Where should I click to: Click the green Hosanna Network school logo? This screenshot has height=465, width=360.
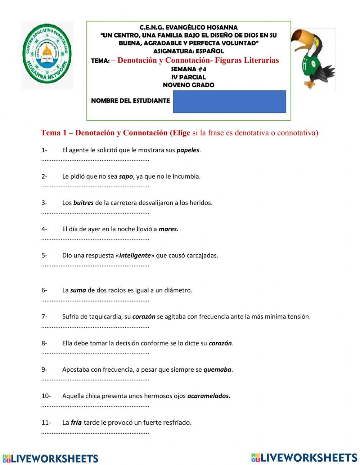[x=47, y=55]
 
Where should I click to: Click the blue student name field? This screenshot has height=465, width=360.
[x=229, y=102]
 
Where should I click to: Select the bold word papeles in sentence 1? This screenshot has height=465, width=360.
[x=188, y=150]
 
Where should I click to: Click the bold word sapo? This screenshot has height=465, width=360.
[x=126, y=176]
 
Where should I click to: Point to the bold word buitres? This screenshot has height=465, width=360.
[x=83, y=203]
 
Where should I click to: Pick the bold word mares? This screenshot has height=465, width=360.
[x=168, y=229]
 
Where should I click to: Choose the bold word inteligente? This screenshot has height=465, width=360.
[x=135, y=255]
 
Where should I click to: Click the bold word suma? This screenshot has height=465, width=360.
[x=78, y=290]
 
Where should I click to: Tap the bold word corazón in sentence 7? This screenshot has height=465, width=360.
[x=144, y=317]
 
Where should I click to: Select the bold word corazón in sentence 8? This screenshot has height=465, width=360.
[x=220, y=343]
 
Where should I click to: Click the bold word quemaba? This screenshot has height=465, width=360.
[x=217, y=370]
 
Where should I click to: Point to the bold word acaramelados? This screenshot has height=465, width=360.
[x=208, y=396]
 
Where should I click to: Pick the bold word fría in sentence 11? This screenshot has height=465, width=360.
[x=76, y=422]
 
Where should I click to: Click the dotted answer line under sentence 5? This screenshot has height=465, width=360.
[x=95, y=265]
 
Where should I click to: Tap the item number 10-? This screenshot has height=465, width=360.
[x=46, y=396]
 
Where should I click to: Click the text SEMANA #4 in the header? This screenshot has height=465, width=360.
[x=188, y=69]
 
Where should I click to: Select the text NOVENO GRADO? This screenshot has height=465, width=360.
[x=188, y=85]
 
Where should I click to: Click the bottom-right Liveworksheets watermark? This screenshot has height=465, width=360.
[x=304, y=457]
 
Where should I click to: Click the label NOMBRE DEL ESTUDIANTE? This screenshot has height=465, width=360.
[x=130, y=101]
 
